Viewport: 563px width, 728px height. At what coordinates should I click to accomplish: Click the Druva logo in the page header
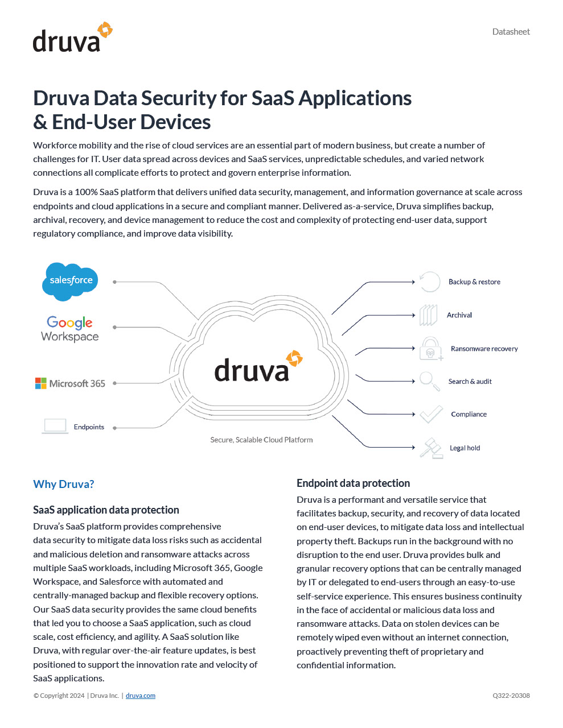(72, 38)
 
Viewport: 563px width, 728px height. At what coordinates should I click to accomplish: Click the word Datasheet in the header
(511, 32)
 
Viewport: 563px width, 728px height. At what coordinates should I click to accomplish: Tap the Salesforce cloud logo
(71, 280)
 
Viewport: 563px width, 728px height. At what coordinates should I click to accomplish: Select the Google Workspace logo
(70, 329)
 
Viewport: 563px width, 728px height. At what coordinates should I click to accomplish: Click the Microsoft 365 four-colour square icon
(40, 383)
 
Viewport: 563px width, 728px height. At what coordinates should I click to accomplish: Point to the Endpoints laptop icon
(55, 426)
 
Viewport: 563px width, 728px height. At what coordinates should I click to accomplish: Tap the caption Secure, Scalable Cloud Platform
(261, 440)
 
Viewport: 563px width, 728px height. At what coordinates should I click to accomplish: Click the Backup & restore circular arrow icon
(430, 282)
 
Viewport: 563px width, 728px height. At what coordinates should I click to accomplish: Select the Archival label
(459, 315)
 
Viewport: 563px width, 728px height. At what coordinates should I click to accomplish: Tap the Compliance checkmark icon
(431, 414)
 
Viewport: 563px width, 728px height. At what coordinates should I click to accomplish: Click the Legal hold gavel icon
(431, 448)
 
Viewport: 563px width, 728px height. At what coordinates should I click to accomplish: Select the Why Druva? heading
(64, 484)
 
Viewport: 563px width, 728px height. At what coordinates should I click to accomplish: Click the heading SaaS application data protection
(106, 510)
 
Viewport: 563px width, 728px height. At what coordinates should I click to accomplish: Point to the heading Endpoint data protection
(353, 483)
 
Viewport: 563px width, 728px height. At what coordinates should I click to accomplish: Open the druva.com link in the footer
(140, 696)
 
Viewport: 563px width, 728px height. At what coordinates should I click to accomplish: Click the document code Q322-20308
(511, 696)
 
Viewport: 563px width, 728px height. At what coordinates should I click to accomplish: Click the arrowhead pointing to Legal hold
(413, 448)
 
